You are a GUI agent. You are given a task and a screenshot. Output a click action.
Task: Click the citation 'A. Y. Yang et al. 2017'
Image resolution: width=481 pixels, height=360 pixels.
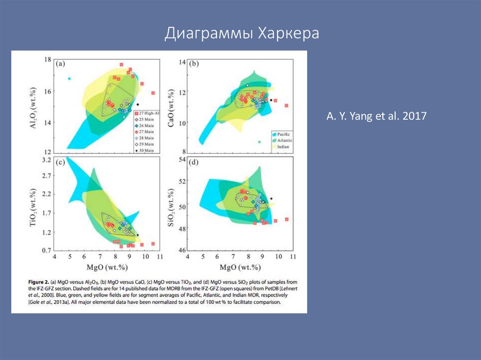point(377,115)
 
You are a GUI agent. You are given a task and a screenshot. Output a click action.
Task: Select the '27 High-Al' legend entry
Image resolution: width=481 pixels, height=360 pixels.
point(147,114)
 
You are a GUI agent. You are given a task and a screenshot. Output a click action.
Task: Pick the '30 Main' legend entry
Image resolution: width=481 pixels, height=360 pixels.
point(147,150)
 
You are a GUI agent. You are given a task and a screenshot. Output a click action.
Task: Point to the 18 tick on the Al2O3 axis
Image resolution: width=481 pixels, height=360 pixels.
point(47,60)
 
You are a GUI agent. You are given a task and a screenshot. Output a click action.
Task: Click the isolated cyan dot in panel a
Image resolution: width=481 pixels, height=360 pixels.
point(69,78)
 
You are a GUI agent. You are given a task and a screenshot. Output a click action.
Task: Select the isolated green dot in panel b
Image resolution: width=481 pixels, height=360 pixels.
point(259,142)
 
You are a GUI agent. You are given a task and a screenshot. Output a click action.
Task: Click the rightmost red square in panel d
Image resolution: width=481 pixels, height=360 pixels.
point(287,219)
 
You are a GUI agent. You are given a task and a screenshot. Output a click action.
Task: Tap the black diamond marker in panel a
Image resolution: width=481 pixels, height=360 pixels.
point(138,104)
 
